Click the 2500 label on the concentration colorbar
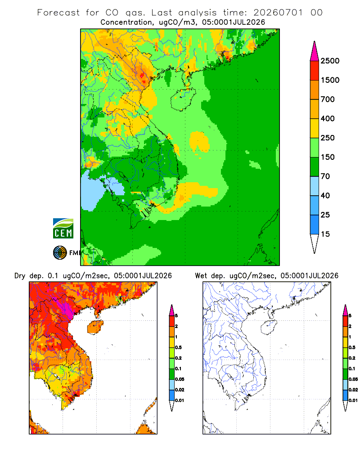click(x=330, y=61)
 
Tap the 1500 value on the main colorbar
click(x=330, y=80)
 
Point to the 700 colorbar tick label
click(x=328, y=99)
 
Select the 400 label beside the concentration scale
click(x=328, y=118)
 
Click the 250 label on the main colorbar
click(x=328, y=138)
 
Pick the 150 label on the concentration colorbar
click(x=328, y=157)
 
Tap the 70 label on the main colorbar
click(x=325, y=176)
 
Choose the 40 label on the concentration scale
click(x=325, y=195)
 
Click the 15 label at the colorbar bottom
click(x=325, y=234)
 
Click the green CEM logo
click(x=63, y=228)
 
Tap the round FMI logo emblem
click(x=60, y=252)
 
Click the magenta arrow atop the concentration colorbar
click(x=315, y=51)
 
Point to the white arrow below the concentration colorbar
click(x=315, y=243)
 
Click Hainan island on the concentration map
click(x=183, y=99)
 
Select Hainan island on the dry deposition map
click(x=95, y=327)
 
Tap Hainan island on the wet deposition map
click(x=268, y=327)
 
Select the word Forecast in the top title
click(x=58, y=13)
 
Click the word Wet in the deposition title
click(x=201, y=275)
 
